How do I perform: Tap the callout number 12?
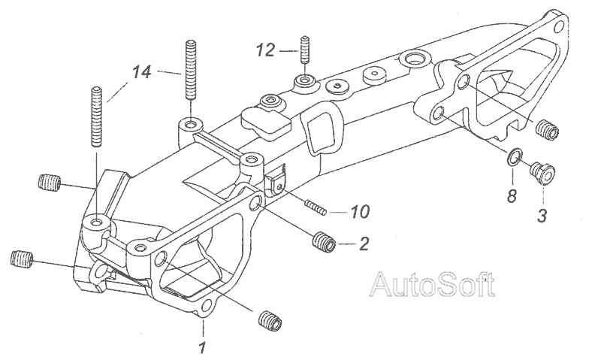pyautogui.click(x=265, y=51)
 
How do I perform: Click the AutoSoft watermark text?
pyautogui.click(x=433, y=285)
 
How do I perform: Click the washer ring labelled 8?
pyautogui.click(x=512, y=157)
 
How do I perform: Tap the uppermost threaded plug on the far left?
pyautogui.click(x=48, y=182)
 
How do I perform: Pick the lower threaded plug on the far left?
pyautogui.click(x=25, y=260)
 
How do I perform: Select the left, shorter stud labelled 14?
pyautogui.click(x=98, y=117)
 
